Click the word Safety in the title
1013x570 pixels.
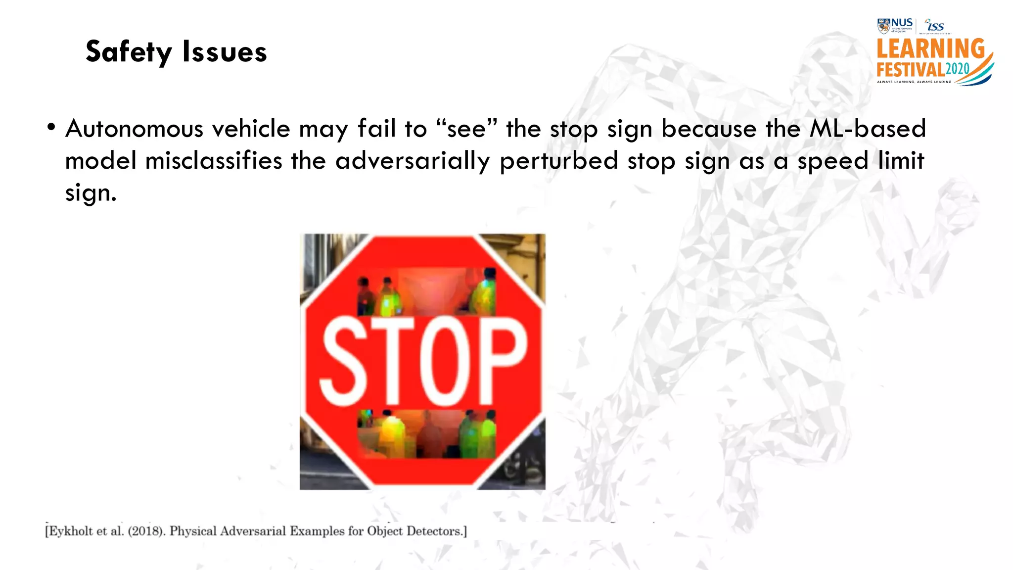tap(129, 51)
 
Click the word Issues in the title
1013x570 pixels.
tap(225, 51)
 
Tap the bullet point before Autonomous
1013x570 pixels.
tap(51, 128)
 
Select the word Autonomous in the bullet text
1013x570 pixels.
tap(134, 129)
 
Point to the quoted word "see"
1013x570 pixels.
tap(466, 129)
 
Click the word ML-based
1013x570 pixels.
tap(867, 129)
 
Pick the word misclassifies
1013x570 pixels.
tap(214, 161)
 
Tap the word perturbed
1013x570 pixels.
tap(559, 161)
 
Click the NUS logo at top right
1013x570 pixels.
tap(895, 25)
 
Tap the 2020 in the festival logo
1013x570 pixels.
tap(957, 69)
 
